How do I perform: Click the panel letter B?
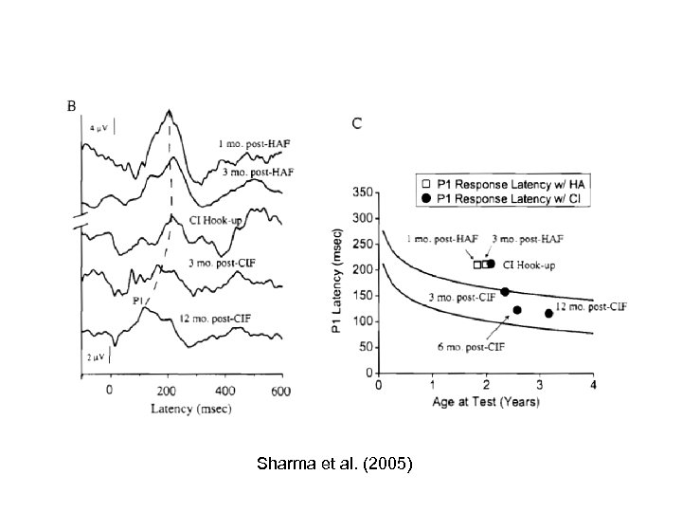[x=71, y=105]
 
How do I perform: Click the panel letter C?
[x=357, y=123]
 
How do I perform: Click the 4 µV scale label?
[x=98, y=126]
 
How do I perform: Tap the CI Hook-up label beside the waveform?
[x=218, y=219]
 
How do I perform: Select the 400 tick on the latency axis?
[x=224, y=390]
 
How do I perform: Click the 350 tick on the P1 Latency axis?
[x=361, y=192]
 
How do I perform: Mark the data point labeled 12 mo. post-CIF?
[x=549, y=313]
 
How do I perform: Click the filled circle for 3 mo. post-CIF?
[x=505, y=292]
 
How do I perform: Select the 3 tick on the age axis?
[x=540, y=383]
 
